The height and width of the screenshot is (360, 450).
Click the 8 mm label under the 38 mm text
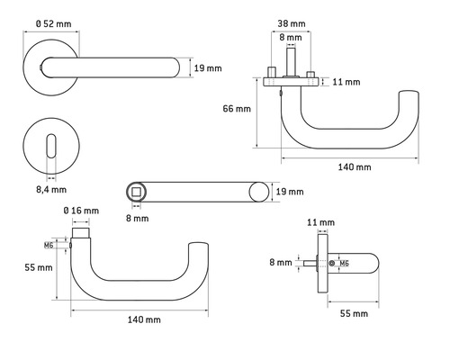289,38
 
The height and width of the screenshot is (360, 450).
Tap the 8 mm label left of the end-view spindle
281,263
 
